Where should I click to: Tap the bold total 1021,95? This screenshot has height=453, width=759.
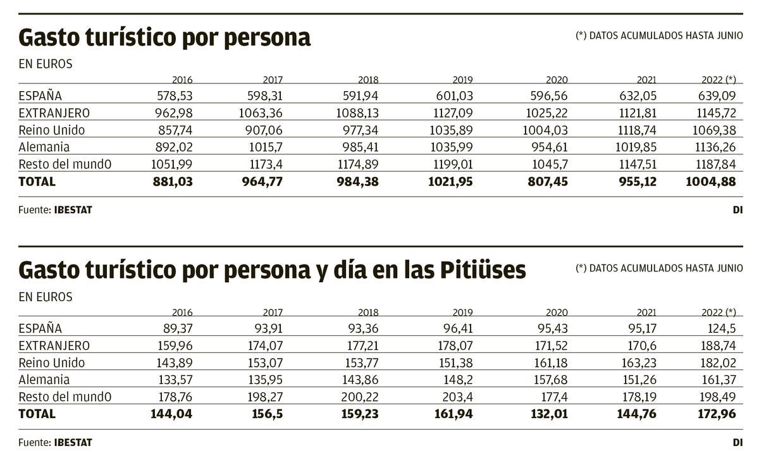(x=447, y=182)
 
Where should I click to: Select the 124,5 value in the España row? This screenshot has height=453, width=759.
(x=720, y=329)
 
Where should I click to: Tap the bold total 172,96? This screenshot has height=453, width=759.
(x=715, y=414)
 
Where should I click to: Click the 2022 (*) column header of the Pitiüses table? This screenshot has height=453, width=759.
(x=719, y=312)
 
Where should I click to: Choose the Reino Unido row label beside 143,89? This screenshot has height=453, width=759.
(x=52, y=363)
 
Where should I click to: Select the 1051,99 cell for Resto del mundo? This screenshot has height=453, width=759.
(x=171, y=164)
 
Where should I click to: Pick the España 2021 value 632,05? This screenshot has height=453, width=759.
(x=635, y=96)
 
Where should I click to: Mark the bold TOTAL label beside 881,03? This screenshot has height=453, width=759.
(x=37, y=182)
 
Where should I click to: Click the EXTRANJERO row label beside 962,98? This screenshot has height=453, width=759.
(x=54, y=113)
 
